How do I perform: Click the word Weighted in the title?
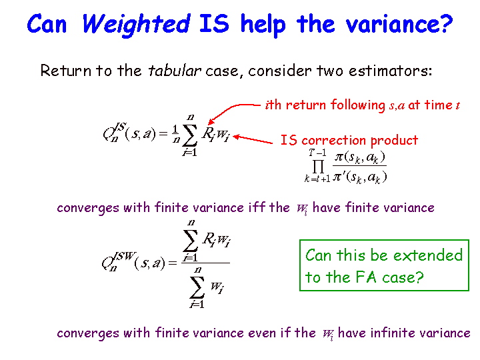tap(137, 24)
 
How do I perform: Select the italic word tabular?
tap(175, 71)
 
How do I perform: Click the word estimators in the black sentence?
tap(390, 71)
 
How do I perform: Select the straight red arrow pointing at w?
tap(253, 139)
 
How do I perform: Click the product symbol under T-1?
tap(319, 167)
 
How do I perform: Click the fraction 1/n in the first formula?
tap(176, 135)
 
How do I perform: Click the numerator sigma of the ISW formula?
tap(191, 241)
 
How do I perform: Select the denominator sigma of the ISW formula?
tap(197, 287)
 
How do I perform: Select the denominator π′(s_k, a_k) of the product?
tap(360, 177)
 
